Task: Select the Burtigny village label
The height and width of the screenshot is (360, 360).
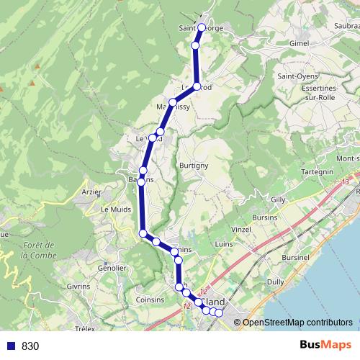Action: (x=194, y=165)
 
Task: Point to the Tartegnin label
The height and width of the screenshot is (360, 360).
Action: (x=317, y=171)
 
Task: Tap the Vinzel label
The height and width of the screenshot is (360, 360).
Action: (x=240, y=228)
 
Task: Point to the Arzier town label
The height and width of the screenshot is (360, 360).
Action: (x=92, y=192)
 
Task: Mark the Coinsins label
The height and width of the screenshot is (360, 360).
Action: (x=150, y=300)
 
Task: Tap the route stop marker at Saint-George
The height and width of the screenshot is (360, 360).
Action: (x=202, y=27)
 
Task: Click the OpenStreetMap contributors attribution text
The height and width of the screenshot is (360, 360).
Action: (x=297, y=323)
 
